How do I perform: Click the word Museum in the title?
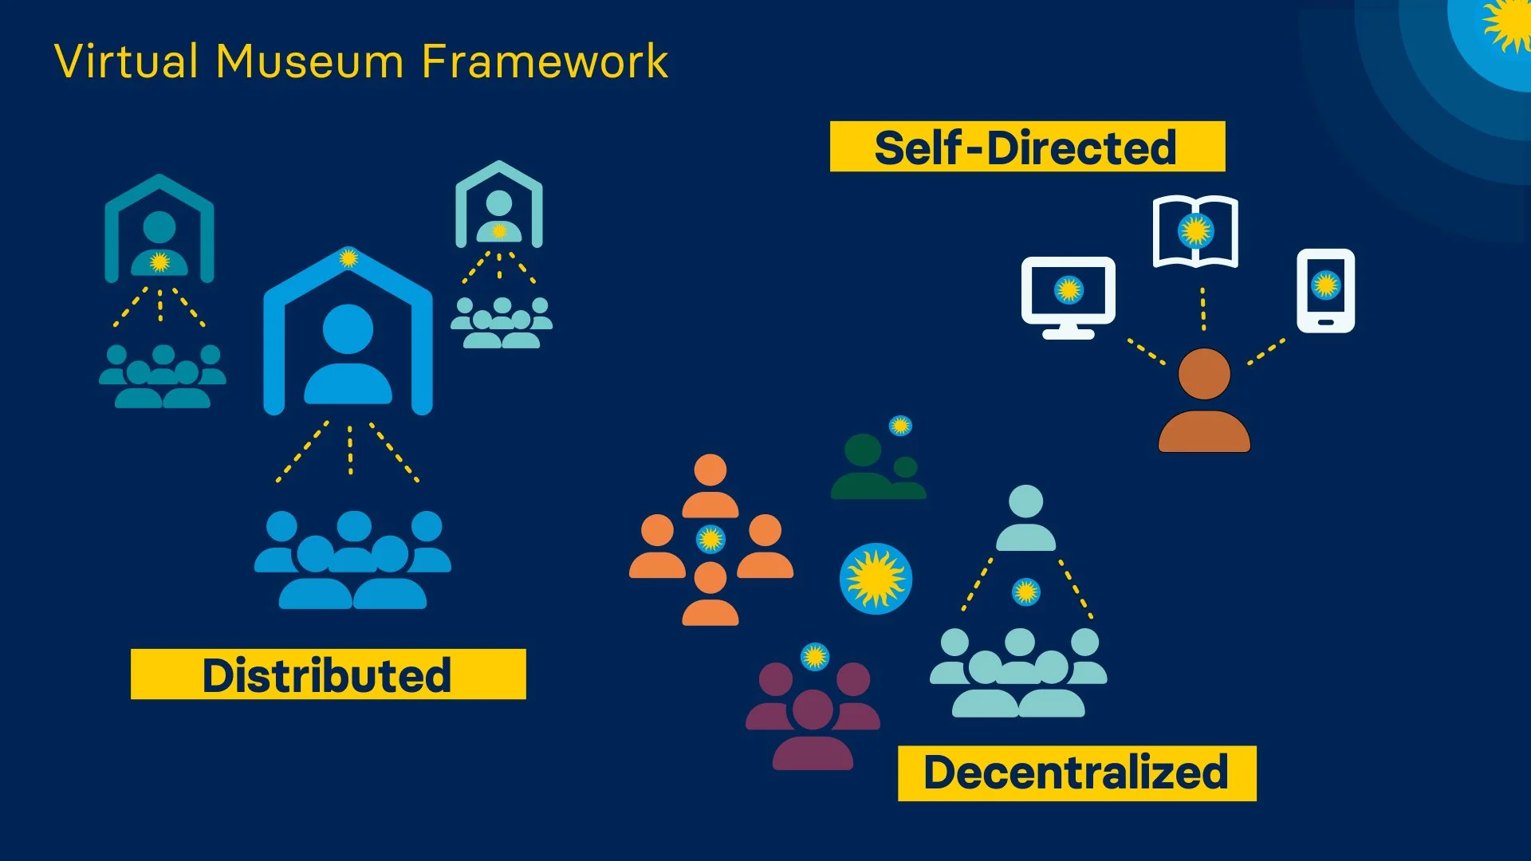point(309,61)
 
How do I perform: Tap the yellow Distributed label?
point(328,674)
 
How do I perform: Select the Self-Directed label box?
point(1027,147)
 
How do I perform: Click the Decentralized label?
point(1076,773)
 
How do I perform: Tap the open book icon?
point(1195,231)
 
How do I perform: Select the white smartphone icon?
point(1325,290)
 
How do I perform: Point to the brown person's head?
point(1204,374)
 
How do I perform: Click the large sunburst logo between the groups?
point(876,579)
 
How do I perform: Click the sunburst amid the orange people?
point(710,539)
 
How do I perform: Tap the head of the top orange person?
point(710,470)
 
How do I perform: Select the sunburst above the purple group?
point(815,656)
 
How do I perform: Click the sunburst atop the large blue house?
point(348,258)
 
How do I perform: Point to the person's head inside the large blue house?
point(348,328)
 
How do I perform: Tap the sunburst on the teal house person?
point(159,261)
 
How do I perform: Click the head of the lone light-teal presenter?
point(1025,502)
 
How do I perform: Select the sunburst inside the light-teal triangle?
point(1025,592)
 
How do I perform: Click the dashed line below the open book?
point(1203,309)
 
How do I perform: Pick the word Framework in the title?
point(545,61)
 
